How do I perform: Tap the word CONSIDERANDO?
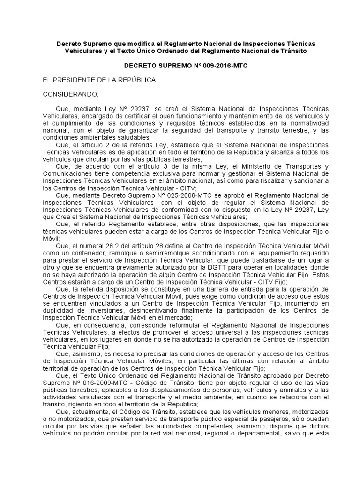coord(71,94)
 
